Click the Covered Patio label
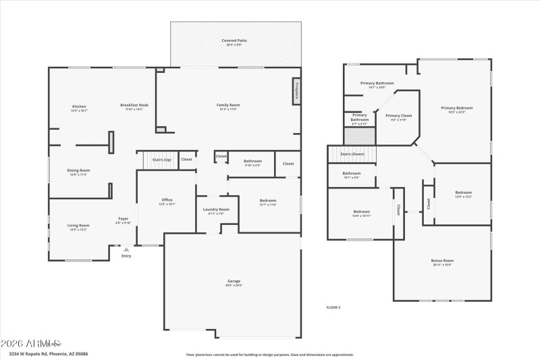pyautogui.click(x=234, y=41)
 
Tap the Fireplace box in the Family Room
pyautogui.click(x=296, y=91)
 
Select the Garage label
pyautogui.click(x=234, y=281)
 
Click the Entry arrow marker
pyautogui.click(x=126, y=249)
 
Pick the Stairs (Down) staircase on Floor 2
pyautogui.click(x=352, y=154)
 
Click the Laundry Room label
pyautogui.click(x=216, y=209)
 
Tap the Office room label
pyautogui.click(x=167, y=201)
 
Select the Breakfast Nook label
pyautogui.click(x=134, y=105)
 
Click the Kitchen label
pyautogui.click(x=79, y=107)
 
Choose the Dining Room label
pyautogui.click(x=78, y=170)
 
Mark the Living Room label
pyautogui.click(x=78, y=226)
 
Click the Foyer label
pyautogui.click(x=124, y=219)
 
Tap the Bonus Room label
pyautogui.click(x=442, y=261)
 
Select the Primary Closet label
pyautogui.click(x=398, y=115)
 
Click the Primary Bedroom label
pyautogui.click(x=456, y=108)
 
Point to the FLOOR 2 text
pyautogui.click(x=333, y=307)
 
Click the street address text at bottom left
pyautogui.click(x=48, y=353)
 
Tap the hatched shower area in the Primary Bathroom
pyautogui.click(x=358, y=136)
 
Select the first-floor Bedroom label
pyautogui.click(x=267, y=201)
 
